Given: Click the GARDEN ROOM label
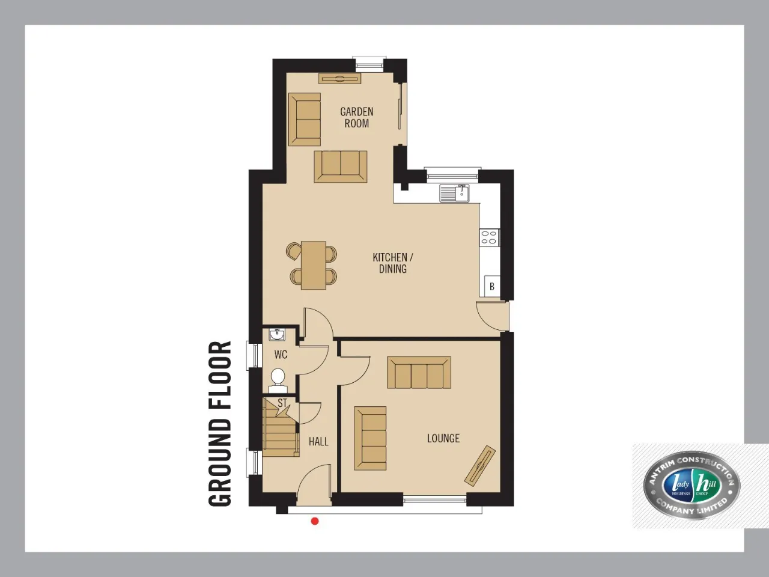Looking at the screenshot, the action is click(x=357, y=117).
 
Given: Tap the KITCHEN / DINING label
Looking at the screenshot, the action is click(x=393, y=263).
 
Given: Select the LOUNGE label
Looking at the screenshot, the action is click(x=443, y=438).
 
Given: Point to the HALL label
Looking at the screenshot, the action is click(x=318, y=441).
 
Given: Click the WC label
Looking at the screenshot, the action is click(x=281, y=355).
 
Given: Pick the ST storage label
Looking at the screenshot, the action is click(x=282, y=403).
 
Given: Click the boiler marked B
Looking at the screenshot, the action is click(x=492, y=287).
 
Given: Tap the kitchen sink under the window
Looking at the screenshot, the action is click(x=454, y=194).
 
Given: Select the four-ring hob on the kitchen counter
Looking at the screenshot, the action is click(x=490, y=237).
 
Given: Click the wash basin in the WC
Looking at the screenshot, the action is click(x=277, y=334).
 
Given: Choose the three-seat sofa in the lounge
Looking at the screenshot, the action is click(x=419, y=373).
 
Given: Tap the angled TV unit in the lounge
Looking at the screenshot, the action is click(x=480, y=466).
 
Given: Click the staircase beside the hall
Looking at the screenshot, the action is click(x=281, y=427).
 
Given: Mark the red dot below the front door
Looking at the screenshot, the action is click(x=315, y=521).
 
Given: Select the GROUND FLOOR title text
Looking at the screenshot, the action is click(x=220, y=424).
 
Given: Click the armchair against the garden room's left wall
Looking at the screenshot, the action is click(x=305, y=119).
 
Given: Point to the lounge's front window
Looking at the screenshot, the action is click(x=435, y=499).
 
